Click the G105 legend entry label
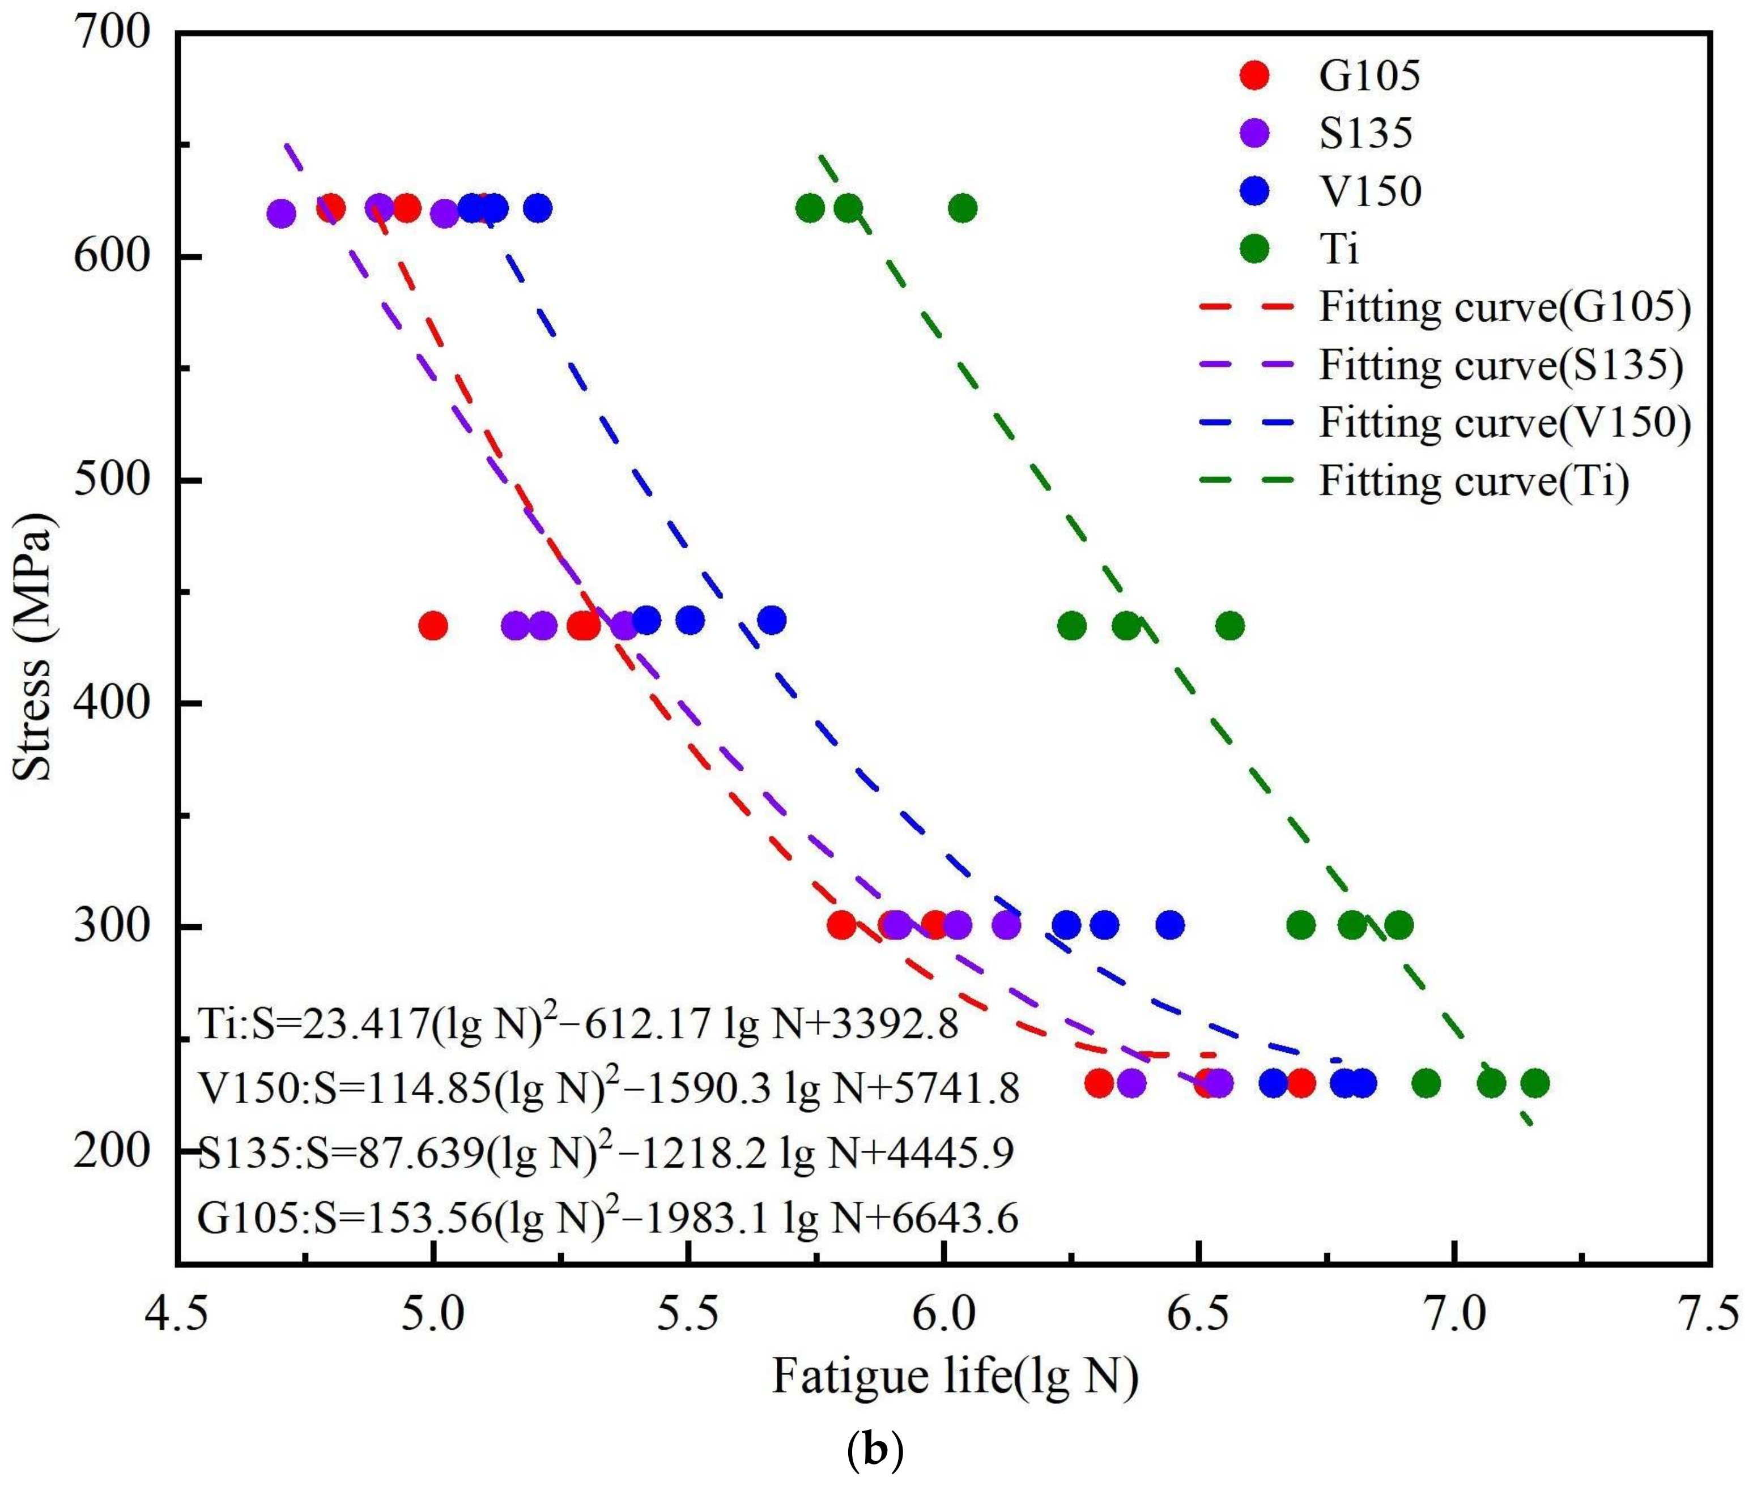point(1369,75)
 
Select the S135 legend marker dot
point(1255,133)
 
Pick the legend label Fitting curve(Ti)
point(1473,481)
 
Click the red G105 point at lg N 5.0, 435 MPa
point(432,626)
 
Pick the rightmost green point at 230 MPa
point(1535,1082)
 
